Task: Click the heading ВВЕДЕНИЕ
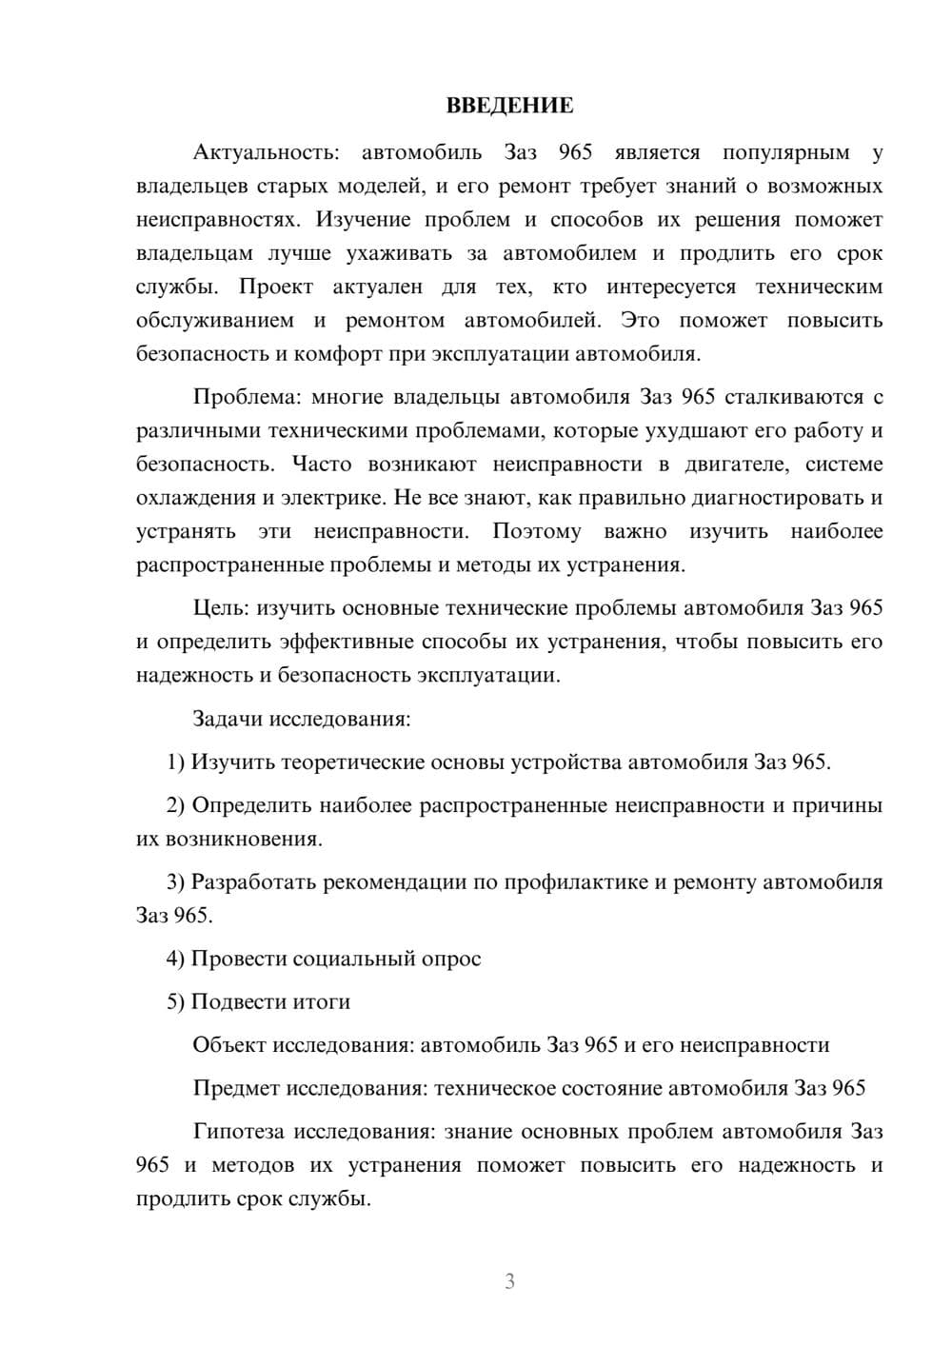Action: pyautogui.click(x=509, y=106)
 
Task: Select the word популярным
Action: pyautogui.click(x=785, y=152)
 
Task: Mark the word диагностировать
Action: pyautogui.click(x=777, y=498)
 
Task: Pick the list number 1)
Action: pyautogui.click(x=175, y=762)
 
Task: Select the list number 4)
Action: pyautogui.click(x=175, y=959)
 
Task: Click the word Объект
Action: pyautogui.click(x=229, y=1045)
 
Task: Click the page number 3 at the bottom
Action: pyautogui.click(x=509, y=1281)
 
